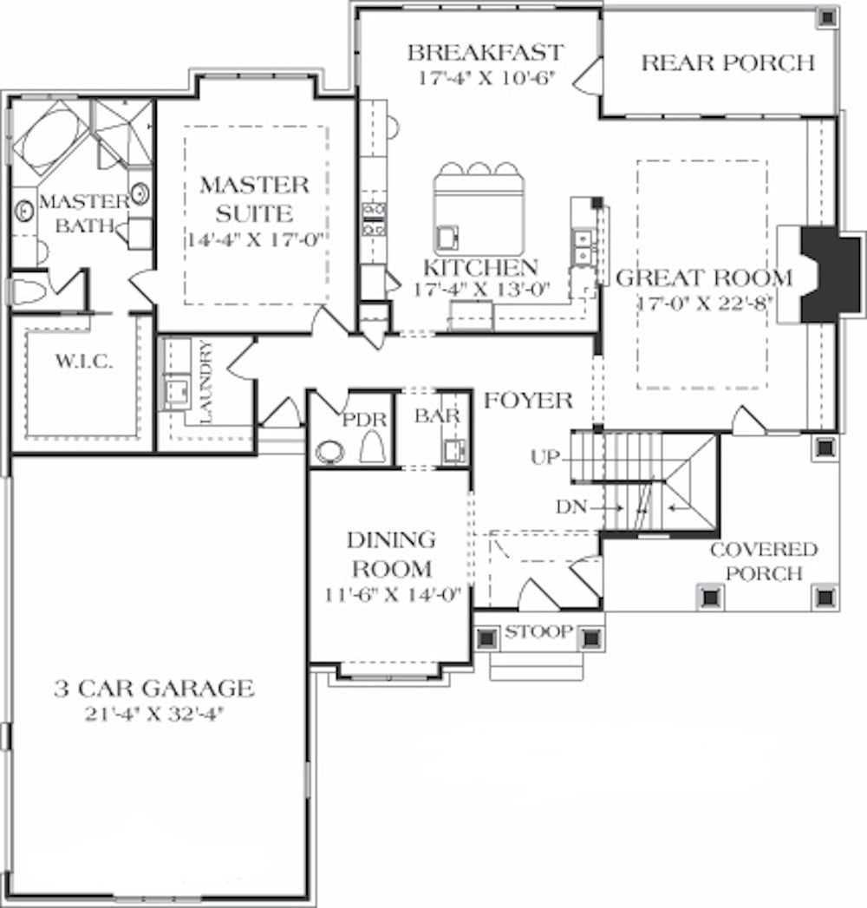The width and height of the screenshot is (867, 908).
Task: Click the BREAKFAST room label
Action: [x=486, y=53]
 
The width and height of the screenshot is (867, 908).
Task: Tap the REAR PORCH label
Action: [x=727, y=62]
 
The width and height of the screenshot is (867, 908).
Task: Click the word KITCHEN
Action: [x=479, y=267]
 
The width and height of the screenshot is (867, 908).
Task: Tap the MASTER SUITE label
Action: [x=254, y=199]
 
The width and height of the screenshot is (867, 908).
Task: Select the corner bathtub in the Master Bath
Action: [x=52, y=139]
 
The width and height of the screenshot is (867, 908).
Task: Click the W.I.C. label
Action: [x=81, y=362]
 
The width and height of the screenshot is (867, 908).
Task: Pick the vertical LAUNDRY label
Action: [x=205, y=382]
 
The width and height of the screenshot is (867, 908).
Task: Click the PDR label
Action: [x=357, y=419]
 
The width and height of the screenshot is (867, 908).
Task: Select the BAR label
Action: [x=437, y=416]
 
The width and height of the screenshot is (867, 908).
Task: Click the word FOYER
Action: [x=528, y=401]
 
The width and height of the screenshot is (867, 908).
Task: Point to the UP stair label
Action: [x=546, y=457]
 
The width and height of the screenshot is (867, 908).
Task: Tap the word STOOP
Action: [x=538, y=631]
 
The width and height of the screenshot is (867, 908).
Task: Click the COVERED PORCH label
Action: [x=763, y=561]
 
